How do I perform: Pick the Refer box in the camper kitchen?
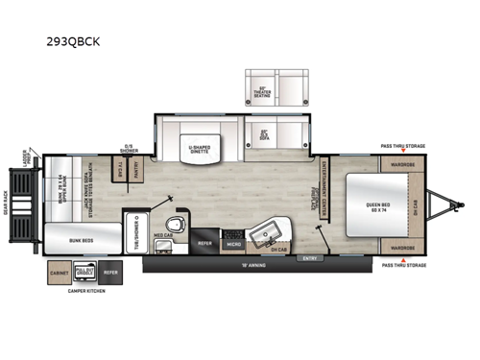(110, 273)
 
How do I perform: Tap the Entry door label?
(309, 257)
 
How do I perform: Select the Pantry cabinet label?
(135, 171)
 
